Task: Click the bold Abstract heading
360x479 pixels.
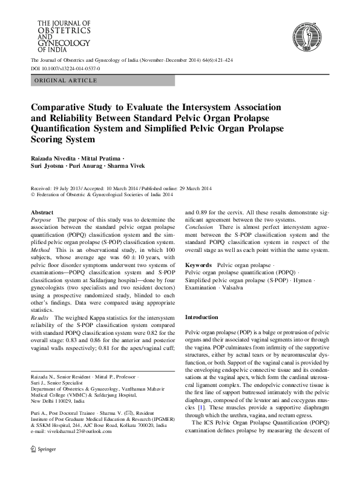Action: point(42,213)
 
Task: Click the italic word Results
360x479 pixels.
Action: point(41,317)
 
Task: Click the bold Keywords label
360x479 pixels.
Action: point(198,266)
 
